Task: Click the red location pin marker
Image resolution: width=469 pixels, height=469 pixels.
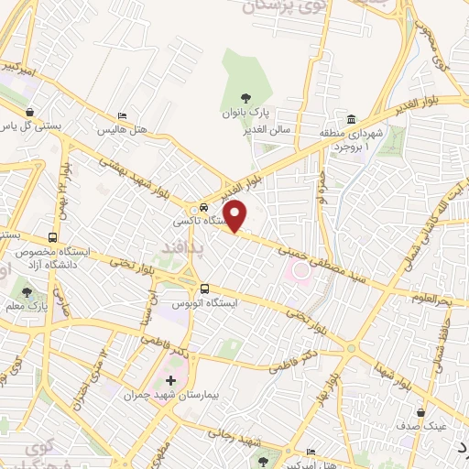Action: tap(236, 216)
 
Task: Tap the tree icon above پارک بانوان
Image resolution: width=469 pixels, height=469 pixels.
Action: tap(245, 98)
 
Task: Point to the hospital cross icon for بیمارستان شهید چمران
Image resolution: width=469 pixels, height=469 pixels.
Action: tap(169, 379)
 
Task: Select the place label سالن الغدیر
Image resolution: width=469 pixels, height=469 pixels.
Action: tap(298, 130)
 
